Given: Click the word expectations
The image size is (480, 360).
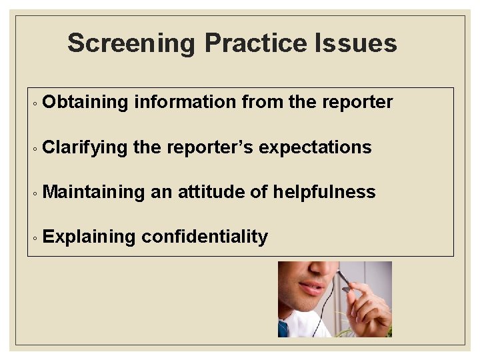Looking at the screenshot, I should [x=315, y=147].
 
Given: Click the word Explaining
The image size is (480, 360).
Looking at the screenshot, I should [x=89, y=237].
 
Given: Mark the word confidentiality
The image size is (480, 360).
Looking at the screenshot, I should [x=205, y=237].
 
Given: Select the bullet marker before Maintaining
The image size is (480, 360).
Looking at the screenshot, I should [x=33, y=194].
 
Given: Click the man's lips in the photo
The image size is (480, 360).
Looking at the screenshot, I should [x=310, y=289].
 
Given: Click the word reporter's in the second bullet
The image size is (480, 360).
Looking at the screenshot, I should [x=209, y=147].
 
